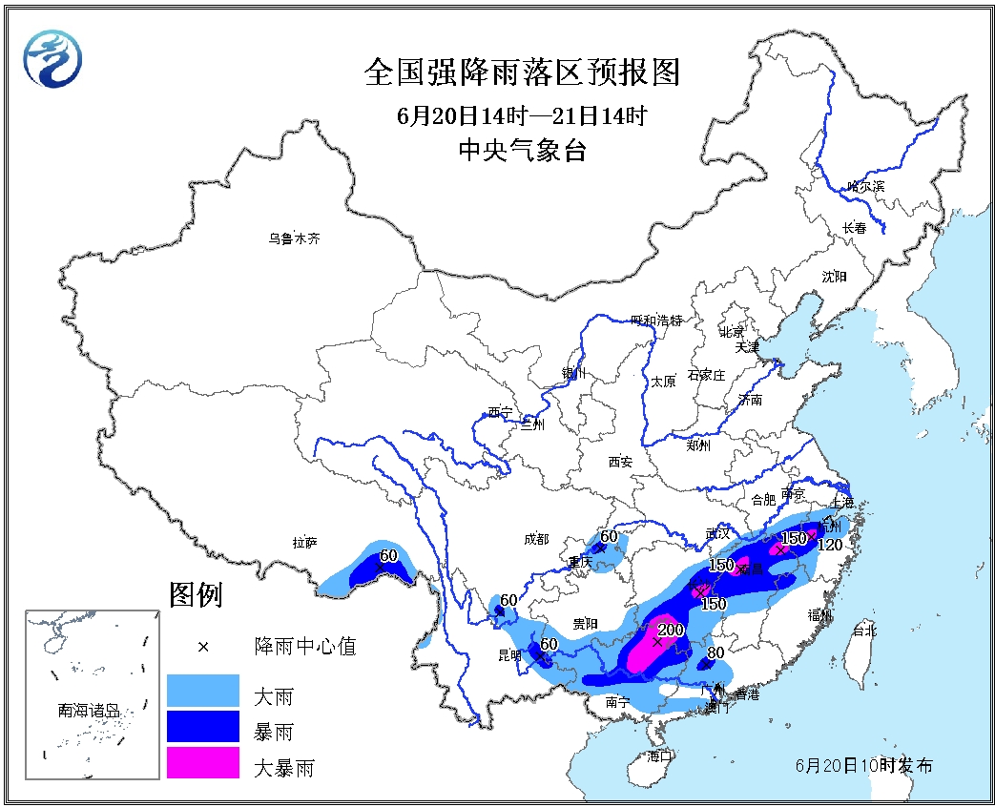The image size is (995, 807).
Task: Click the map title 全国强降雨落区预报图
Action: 522,72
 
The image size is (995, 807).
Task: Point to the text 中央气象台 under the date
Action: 522,151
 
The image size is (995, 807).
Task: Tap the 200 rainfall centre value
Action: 672,630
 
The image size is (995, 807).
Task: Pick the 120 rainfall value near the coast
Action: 830,545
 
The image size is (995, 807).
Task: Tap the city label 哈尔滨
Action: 865,186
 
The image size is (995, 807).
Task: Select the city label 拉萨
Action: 305,543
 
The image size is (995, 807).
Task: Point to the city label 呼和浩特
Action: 657,321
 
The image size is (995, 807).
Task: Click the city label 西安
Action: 620,462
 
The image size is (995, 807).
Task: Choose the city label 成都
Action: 536,540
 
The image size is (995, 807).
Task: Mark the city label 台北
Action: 863,631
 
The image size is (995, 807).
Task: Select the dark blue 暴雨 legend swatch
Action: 202,728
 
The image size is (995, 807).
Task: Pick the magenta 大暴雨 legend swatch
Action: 202,764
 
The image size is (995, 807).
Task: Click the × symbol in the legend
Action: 202,647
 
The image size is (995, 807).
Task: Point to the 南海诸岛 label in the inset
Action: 89,710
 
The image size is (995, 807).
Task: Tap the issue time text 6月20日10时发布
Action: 864,766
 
